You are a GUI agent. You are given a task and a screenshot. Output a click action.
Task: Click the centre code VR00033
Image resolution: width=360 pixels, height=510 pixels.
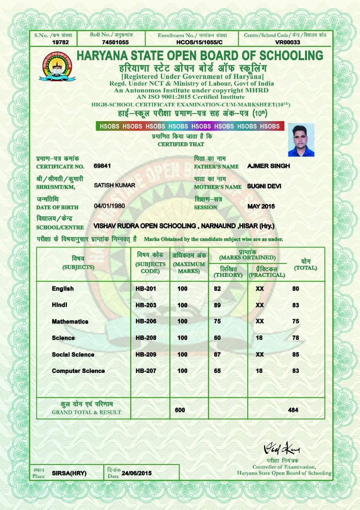288,42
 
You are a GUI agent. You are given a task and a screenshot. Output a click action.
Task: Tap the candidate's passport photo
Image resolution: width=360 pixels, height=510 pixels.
301,140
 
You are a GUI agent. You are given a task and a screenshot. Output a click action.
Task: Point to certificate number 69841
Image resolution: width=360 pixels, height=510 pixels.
102,166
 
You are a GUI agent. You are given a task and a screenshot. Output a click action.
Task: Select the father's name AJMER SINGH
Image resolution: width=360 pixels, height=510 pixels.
268,166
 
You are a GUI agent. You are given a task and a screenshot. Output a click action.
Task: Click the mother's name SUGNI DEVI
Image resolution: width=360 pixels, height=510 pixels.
264,186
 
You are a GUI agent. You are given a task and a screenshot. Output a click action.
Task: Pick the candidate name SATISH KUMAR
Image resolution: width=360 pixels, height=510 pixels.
114,185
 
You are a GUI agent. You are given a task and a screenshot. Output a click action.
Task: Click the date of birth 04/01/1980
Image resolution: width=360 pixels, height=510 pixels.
109,206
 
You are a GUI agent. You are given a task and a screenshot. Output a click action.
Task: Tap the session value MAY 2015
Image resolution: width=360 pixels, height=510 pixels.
261,206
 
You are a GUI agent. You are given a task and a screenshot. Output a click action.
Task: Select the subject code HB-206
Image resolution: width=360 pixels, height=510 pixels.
146,321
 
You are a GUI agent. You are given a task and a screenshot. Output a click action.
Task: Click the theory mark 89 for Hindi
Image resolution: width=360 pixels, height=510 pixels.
217,305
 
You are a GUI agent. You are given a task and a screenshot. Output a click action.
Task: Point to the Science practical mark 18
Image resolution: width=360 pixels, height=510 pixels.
259,337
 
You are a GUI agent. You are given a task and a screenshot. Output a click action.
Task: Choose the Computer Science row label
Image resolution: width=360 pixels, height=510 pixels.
78,371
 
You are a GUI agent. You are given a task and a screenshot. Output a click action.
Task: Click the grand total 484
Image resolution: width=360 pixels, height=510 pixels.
293,410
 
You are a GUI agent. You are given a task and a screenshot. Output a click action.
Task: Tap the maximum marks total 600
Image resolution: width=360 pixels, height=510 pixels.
180,410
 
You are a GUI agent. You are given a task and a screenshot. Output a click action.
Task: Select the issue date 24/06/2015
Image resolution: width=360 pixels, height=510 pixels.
137,473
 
